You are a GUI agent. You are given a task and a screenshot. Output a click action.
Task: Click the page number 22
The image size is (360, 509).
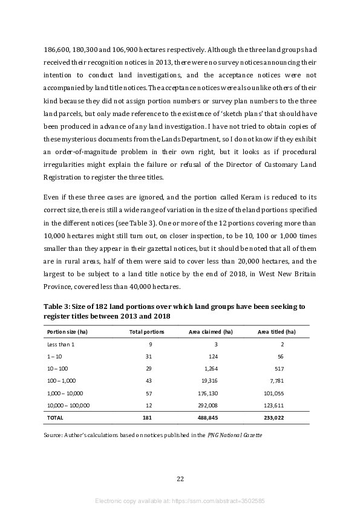(180, 479)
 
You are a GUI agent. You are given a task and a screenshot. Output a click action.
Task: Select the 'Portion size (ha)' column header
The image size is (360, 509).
(66, 332)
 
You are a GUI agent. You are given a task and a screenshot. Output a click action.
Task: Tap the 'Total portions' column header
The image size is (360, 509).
(146, 332)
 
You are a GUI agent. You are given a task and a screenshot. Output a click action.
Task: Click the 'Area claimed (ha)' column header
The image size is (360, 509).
(211, 332)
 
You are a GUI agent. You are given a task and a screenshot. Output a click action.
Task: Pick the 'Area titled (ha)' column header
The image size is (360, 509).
(277, 332)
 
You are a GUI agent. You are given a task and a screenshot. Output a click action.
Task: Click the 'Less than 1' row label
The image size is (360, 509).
(61, 344)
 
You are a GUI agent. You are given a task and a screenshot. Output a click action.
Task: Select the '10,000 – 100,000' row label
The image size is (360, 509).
(68, 405)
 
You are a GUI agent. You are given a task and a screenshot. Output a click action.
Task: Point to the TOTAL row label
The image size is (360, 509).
(56, 418)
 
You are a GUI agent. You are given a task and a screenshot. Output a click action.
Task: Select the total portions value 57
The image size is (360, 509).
(149, 393)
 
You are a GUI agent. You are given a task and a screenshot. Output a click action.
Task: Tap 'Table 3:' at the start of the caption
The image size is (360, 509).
(58, 306)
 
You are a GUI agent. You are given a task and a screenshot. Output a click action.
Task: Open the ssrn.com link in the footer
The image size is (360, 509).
(212, 501)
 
